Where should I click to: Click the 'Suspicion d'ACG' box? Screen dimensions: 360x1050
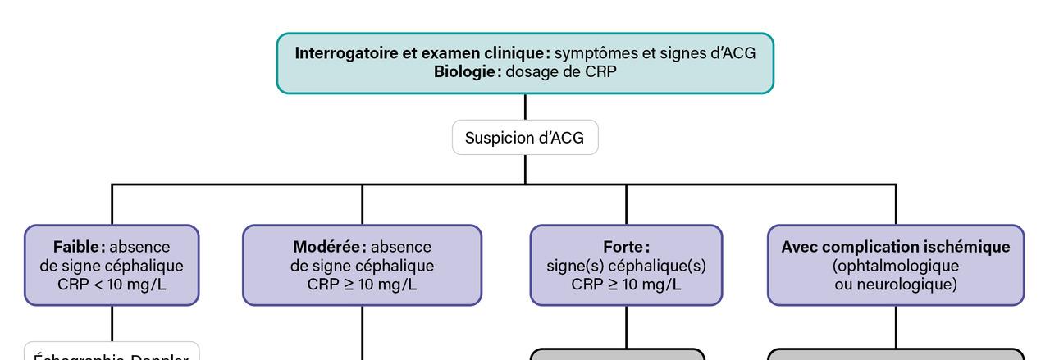525,138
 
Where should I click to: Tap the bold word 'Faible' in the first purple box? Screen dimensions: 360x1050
79,247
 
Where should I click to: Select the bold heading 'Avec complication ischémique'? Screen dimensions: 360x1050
896,247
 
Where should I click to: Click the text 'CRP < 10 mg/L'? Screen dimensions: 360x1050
112,285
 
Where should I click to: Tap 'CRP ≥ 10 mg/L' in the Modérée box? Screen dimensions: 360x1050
362,285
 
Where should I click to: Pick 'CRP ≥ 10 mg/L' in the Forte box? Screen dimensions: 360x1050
626,285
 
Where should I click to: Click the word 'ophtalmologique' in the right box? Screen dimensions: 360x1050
896,266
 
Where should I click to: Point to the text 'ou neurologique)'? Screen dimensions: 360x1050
896,285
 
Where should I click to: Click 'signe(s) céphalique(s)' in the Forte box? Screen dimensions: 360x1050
626,266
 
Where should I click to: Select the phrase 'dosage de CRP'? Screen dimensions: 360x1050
561,71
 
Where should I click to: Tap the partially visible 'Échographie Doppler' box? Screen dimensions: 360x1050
112,353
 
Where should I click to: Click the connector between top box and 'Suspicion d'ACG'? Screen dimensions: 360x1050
525,107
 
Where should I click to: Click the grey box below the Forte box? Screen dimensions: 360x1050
618,354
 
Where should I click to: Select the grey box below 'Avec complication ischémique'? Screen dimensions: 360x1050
896,354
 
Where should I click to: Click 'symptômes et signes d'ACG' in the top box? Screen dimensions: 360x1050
655,53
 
